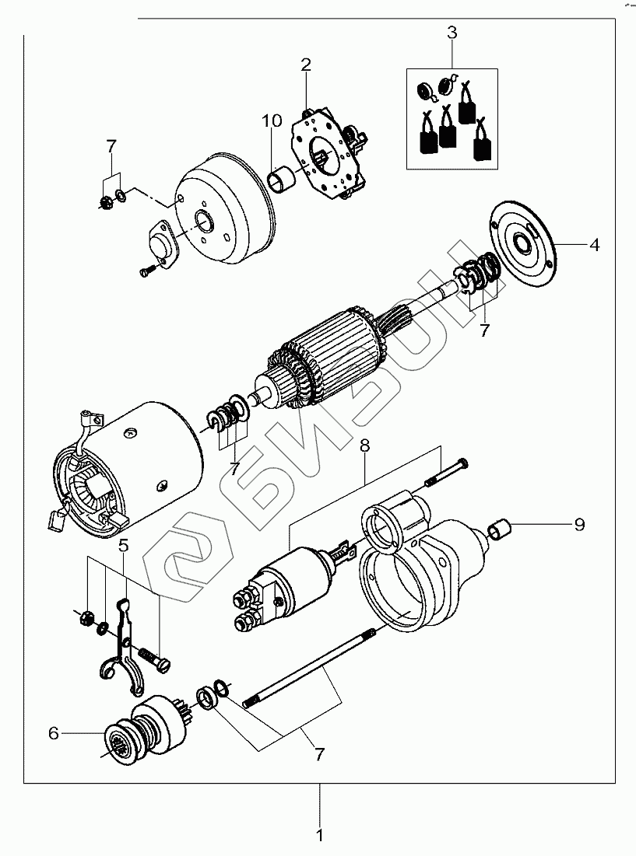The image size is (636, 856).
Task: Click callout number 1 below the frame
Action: coord(319,836)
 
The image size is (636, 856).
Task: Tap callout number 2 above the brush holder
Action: coord(306,64)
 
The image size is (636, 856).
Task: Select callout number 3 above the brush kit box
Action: coord(452,33)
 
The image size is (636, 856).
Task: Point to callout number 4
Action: coord(594,245)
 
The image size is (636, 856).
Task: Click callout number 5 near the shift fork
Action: coord(124,545)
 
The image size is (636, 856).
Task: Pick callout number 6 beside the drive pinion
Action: coord(54,732)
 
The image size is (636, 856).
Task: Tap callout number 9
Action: coord(578,525)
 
